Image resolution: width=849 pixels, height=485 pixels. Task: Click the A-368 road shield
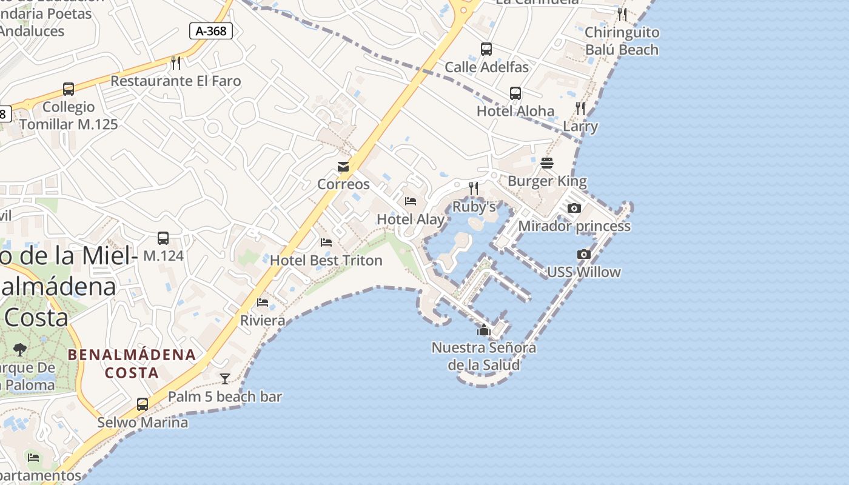(211, 31)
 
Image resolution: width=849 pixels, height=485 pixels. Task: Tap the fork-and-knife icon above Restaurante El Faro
(176, 62)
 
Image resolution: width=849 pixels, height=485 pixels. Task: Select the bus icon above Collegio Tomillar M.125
(69, 89)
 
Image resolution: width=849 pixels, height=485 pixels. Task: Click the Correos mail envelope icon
(343, 167)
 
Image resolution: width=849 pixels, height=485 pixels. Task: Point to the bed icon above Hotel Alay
(411, 201)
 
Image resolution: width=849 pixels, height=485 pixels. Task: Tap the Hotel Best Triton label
(326, 261)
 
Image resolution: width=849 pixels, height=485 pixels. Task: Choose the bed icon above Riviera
(263, 302)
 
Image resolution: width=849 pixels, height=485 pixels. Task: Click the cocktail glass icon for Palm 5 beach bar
(225, 379)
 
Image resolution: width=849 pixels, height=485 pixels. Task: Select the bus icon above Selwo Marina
(143, 404)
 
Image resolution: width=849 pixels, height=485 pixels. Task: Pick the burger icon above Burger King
(547, 163)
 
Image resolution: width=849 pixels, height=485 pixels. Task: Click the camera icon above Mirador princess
(574, 208)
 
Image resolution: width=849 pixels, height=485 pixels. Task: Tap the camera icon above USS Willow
(584, 254)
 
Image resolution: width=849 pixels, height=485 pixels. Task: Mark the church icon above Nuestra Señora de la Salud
(484, 330)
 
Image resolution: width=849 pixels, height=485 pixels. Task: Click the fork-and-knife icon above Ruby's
(474, 189)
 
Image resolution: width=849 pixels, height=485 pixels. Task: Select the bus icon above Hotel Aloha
(515, 93)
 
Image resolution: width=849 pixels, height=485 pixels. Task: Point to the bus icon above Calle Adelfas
(486, 49)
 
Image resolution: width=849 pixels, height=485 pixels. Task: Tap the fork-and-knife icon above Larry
(580, 109)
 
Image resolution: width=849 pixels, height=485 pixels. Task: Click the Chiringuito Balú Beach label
(622, 41)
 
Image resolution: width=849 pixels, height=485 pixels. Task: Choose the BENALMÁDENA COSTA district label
(132, 363)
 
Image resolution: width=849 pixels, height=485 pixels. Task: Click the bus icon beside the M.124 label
(163, 238)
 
